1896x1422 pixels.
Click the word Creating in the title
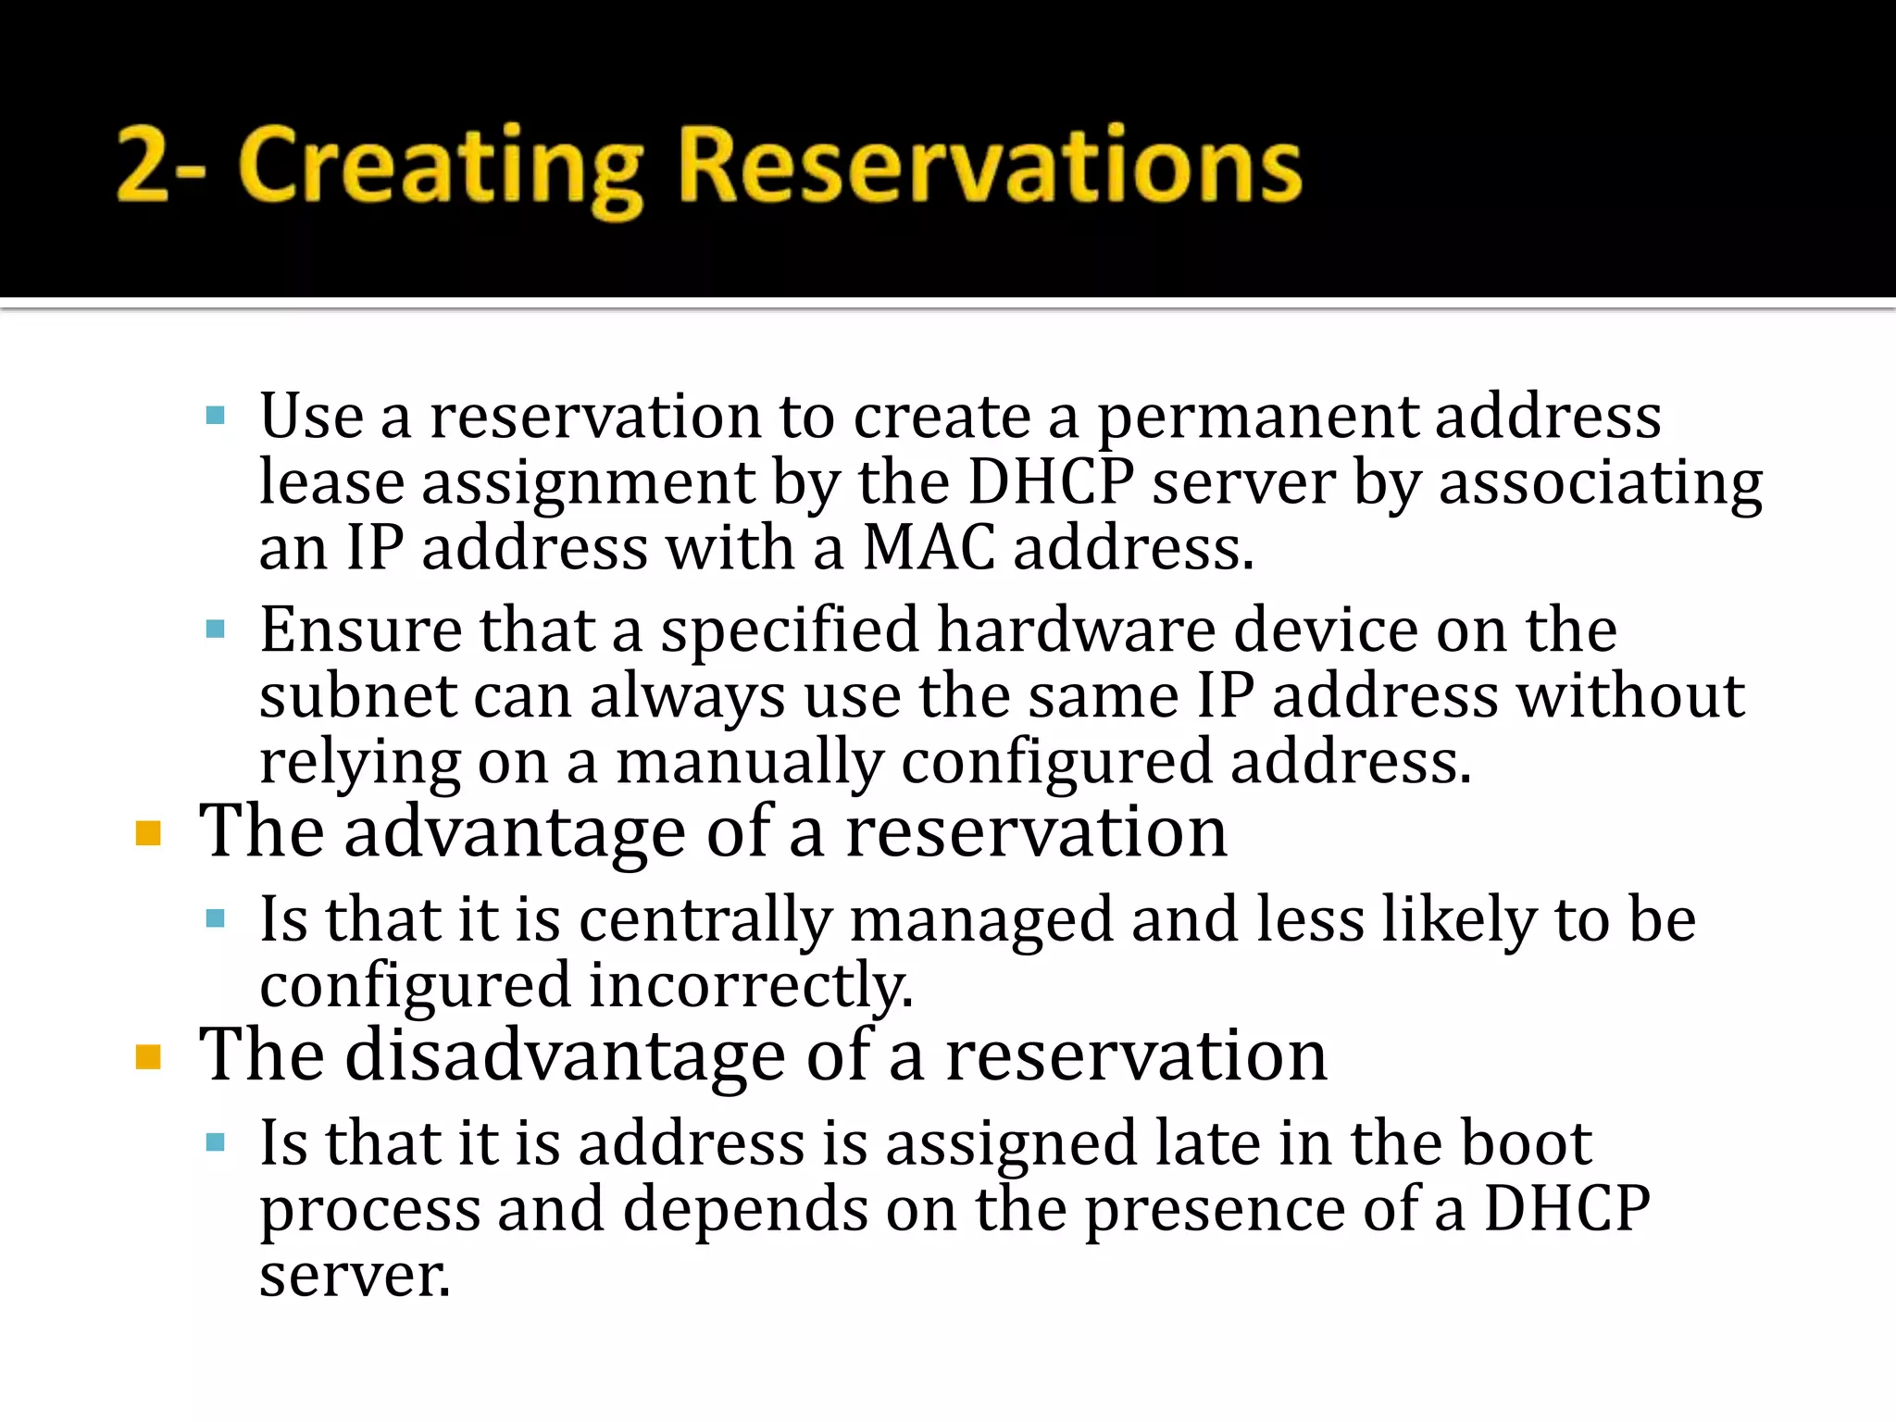[440, 167]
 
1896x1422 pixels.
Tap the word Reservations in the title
[991, 167]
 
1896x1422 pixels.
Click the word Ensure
[360, 630]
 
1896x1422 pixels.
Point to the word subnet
[357, 696]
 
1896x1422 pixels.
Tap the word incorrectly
[751, 987]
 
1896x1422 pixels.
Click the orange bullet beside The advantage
[148, 834]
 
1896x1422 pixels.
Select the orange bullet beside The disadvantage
[148, 1057]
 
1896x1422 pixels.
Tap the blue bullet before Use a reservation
[216, 416]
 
